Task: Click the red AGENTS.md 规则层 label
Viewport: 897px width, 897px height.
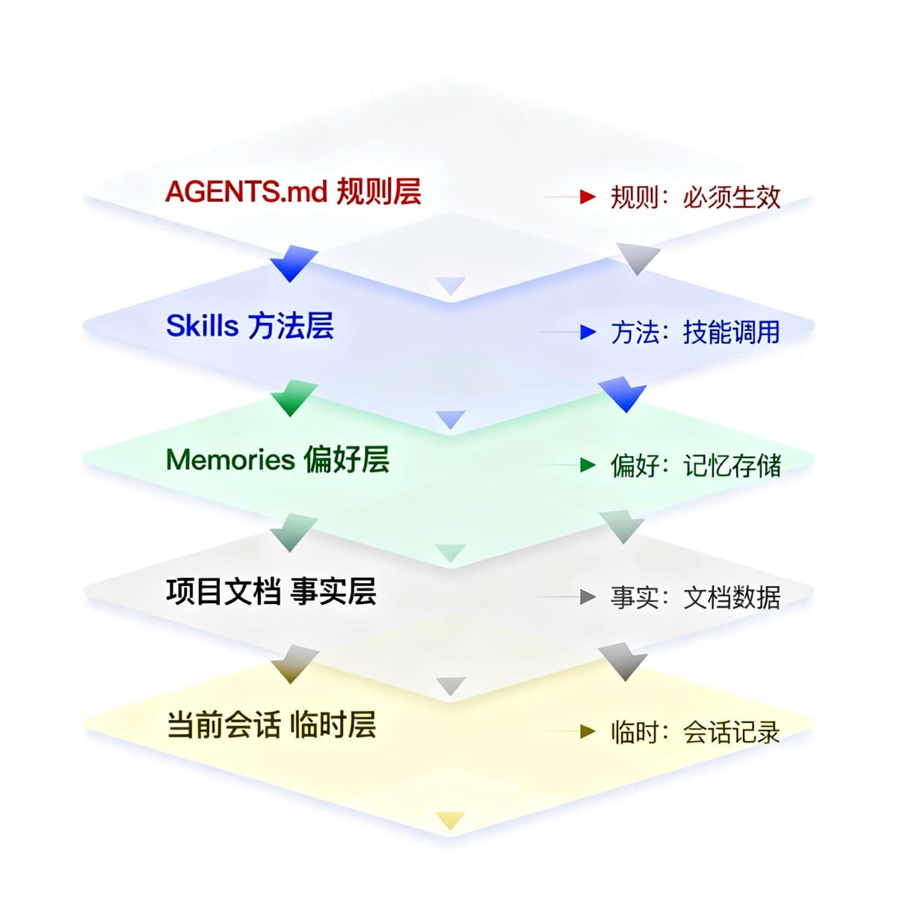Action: coord(293,191)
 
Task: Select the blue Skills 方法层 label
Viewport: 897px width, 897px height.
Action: coord(250,325)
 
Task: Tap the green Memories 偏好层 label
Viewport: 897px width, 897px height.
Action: coord(277,460)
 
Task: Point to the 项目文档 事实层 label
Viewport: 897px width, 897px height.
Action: coord(271,591)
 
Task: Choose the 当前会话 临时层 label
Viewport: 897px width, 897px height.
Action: coord(271,724)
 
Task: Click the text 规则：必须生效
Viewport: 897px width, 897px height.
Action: coord(695,197)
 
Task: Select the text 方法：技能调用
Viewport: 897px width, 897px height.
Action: coord(695,333)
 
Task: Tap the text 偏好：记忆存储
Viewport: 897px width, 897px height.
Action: coord(695,465)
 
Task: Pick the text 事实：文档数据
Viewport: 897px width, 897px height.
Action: coord(695,597)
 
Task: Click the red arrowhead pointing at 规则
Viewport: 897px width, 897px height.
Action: coord(588,197)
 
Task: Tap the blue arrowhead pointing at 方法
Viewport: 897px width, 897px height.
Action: coord(588,332)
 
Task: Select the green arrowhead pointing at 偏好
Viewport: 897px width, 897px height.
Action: coord(588,464)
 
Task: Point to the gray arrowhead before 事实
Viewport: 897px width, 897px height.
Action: coord(588,597)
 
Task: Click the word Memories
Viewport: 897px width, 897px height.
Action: coord(230,460)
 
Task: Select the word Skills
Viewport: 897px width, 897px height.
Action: coord(202,325)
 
